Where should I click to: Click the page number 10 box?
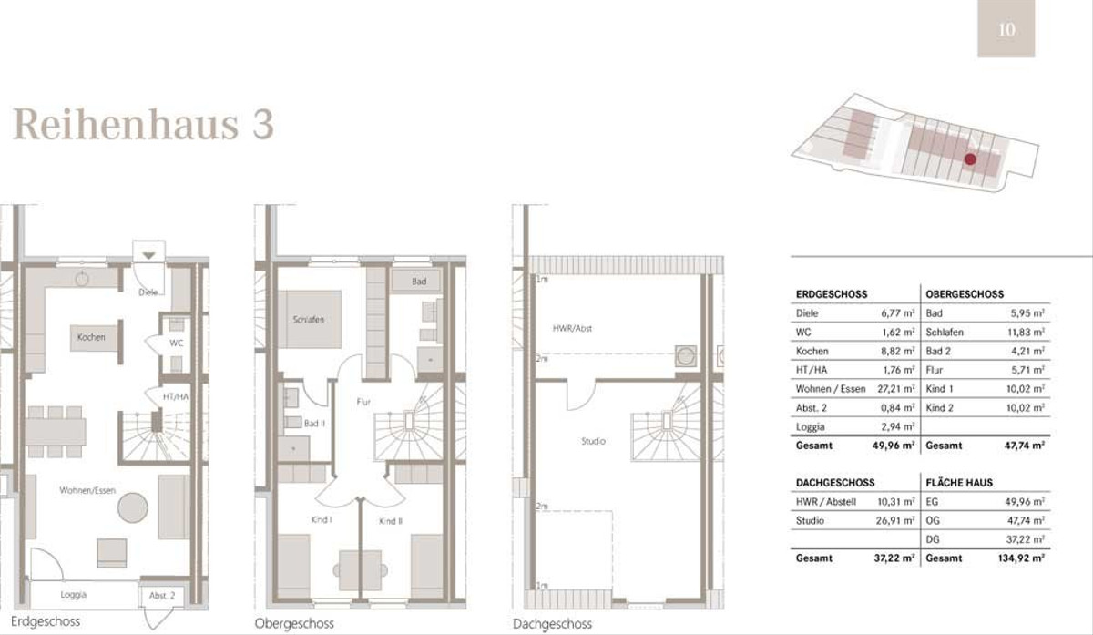[1006, 28]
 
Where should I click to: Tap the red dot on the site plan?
[970, 159]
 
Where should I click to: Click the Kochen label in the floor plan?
[91, 337]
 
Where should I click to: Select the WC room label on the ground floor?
[176, 343]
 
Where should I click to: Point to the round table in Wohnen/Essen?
[133, 507]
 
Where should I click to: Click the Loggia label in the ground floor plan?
[73, 595]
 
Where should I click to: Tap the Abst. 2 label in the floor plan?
[162, 596]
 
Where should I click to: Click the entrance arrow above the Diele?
[148, 255]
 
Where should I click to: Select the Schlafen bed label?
[309, 320]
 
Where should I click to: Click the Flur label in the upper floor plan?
[363, 402]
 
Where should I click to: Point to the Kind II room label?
[391, 521]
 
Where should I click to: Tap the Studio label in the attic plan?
[593, 441]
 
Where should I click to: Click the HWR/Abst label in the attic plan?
[572, 329]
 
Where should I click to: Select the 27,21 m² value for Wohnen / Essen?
[896, 389]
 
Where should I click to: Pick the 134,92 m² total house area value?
[1021, 558]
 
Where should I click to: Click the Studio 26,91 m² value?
[895, 521]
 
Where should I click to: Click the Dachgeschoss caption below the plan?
[552, 624]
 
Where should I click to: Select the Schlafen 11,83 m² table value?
[1027, 333]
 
